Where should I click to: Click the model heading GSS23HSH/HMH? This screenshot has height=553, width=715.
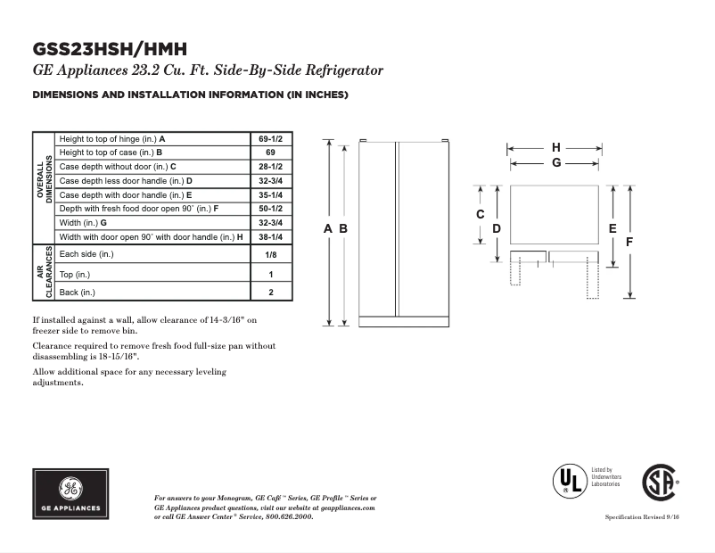point(110,49)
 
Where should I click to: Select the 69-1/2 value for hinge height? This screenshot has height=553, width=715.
point(270,139)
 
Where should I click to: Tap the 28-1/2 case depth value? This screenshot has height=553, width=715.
point(270,167)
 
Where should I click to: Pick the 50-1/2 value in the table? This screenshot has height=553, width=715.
point(270,208)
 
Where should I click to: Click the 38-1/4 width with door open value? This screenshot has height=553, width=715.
point(270,236)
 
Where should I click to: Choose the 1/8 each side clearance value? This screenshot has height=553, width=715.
point(270,254)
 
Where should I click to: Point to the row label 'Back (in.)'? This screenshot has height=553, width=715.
point(77,293)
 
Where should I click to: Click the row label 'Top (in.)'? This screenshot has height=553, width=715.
point(74,274)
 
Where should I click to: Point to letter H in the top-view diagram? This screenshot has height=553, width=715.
point(556,147)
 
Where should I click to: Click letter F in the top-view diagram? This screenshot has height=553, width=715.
point(629,242)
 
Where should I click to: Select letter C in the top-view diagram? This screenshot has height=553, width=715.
point(480,214)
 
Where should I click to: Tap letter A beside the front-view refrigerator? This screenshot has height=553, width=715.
point(328,229)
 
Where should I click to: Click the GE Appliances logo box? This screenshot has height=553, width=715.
point(71,493)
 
